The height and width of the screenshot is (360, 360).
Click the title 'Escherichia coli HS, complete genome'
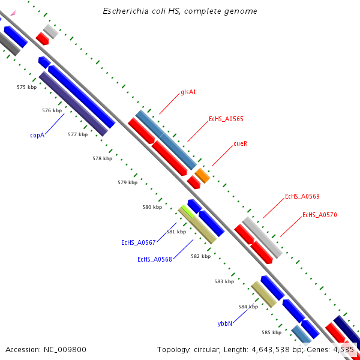[180, 11]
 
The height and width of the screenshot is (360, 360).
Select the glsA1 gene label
[188, 92]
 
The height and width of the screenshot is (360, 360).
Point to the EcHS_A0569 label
[302, 196]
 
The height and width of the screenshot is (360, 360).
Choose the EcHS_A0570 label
[320, 215]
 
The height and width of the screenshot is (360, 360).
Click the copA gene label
[38, 136]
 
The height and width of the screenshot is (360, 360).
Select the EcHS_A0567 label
[139, 242]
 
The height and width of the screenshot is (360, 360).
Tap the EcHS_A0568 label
[155, 259]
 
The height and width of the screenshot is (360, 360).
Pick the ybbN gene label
[224, 323]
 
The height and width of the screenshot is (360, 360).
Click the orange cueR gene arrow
[202, 175]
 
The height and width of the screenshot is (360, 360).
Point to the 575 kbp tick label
[27, 88]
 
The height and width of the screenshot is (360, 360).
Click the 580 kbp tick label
[152, 207]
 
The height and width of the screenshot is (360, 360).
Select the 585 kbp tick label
[272, 332]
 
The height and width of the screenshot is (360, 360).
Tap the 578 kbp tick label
[102, 158]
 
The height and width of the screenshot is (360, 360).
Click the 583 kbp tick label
[224, 281]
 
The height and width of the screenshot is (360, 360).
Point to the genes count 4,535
[343, 349]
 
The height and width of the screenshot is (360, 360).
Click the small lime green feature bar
[187, 211]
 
